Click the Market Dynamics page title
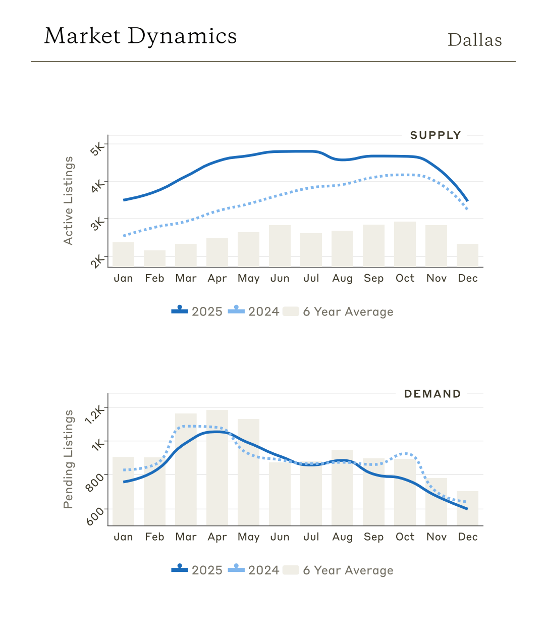(140, 36)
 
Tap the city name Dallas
(474, 40)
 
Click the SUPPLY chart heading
(435, 135)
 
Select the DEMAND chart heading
(432, 394)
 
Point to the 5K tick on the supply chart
(98, 148)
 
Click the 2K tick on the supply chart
(98, 260)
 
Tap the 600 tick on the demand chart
(95, 516)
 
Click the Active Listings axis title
(68, 201)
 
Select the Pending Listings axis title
(68, 459)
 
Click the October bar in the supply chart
(405, 244)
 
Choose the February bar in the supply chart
(154, 258)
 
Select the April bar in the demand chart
(217, 467)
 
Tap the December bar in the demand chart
(467, 508)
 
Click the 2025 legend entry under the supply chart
(197, 311)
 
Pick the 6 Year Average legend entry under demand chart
(338, 570)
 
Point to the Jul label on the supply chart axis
(311, 278)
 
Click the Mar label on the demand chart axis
(186, 537)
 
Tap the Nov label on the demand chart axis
(437, 537)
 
